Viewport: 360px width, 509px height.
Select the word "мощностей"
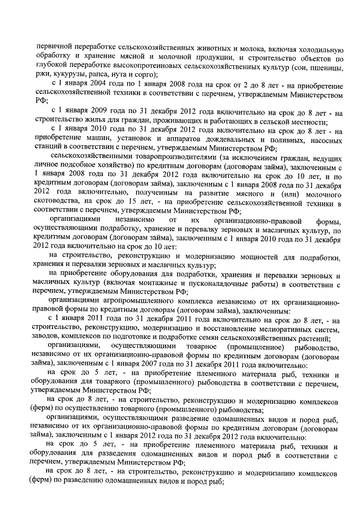click(x=240, y=257)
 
